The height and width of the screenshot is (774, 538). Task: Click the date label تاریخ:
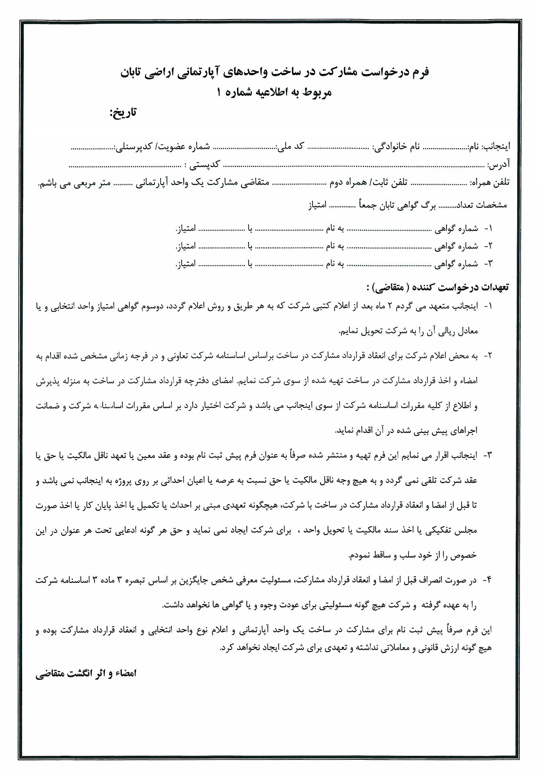pos(123,113)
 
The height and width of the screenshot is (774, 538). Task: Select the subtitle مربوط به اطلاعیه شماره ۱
pos(273,92)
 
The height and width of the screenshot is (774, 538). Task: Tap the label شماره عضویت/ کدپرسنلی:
pos(162,146)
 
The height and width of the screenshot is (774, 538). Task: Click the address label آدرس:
pos(498,165)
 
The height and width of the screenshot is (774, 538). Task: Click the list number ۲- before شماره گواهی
pos(488,246)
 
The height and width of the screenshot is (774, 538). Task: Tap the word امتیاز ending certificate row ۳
pos(186,264)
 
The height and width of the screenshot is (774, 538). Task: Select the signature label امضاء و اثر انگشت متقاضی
pos(86,673)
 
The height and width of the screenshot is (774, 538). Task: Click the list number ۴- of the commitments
pos(488,580)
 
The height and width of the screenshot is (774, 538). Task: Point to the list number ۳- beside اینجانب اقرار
pos(488,455)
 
